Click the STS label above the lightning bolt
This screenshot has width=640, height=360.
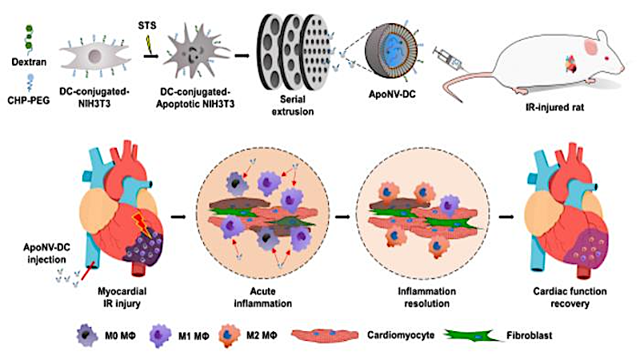[147, 26]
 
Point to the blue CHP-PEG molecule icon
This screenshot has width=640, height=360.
[30, 83]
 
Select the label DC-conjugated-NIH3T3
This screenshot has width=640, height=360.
[94, 97]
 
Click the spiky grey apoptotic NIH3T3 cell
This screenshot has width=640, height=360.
[196, 51]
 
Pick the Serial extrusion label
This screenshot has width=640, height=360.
[293, 105]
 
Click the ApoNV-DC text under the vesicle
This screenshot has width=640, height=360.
[392, 94]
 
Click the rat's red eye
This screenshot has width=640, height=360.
[607, 58]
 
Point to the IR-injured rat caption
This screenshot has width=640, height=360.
[554, 107]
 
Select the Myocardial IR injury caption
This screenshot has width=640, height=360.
[122, 297]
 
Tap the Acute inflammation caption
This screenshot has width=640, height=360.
[263, 297]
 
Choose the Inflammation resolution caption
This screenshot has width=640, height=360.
[427, 297]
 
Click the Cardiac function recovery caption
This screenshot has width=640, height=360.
[570, 297]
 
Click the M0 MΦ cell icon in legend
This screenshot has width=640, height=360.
[87, 336]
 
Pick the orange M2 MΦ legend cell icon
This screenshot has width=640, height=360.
[230, 335]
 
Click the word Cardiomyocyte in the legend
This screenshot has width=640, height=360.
[401, 335]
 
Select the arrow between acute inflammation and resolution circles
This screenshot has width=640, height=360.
[342, 217]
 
